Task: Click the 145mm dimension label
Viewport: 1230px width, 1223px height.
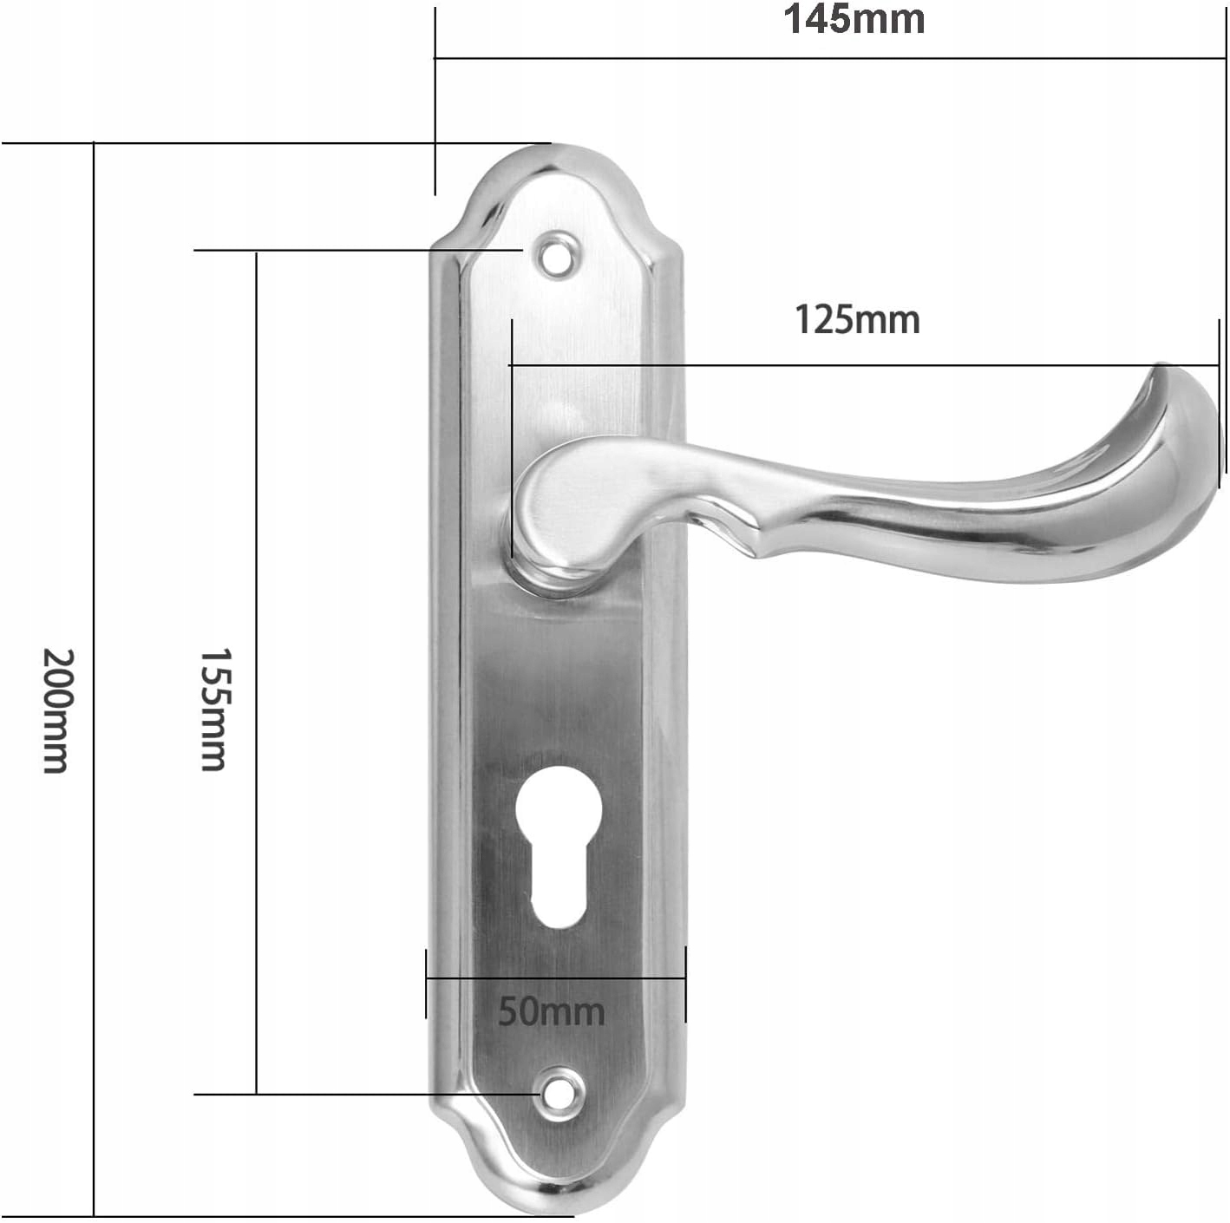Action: (x=854, y=20)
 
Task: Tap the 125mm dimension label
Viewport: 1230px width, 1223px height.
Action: (x=857, y=320)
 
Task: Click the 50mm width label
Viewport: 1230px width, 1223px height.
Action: (x=551, y=1011)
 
